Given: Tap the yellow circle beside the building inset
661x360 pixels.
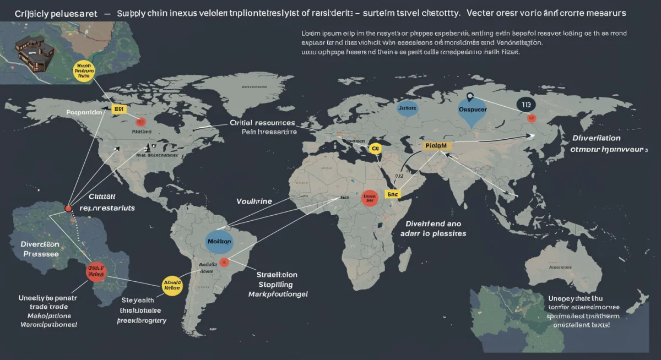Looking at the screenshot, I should pyautogui.click(x=84, y=72).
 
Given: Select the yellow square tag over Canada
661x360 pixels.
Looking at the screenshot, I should pyautogui.click(x=118, y=110).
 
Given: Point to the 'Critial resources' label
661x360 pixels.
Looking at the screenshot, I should pyautogui.click(x=262, y=123).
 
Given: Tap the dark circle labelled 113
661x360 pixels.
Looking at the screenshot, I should pyautogui.click(x=526, y=105).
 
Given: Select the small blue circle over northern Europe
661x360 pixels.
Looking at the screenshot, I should pyautogui.click(x=407, y=108).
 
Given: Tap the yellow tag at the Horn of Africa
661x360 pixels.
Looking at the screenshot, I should pyautogui.click(x=392, y=194).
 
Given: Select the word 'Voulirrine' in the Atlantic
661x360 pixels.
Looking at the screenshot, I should pyautogui.click(x=254, y=201).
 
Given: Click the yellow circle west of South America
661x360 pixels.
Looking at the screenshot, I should pyautogui.click(x=172, y=285).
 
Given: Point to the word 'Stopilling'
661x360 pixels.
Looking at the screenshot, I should pyautogui.click(x=276, y=285).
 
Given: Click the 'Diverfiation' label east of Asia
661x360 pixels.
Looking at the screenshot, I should pyautogui.click(x=597, y=138).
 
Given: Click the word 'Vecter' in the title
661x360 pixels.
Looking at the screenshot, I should pyautogui.click(x=481, y=12).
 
